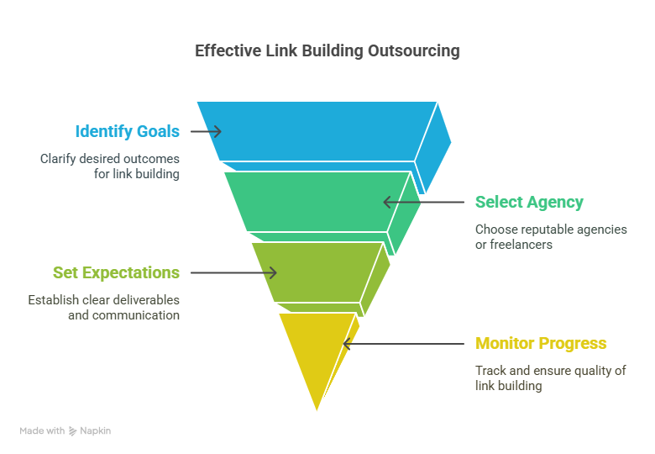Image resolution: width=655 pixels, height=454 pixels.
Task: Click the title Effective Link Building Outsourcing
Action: (x=327, y=51)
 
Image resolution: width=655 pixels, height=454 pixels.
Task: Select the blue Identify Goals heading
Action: (x=128, y=131)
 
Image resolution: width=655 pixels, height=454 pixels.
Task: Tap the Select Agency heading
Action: (x=529, y=203)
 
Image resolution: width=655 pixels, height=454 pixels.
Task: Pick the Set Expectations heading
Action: (x=116, y=273)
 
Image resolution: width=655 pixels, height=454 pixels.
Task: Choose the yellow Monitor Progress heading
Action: (x=541, y=343)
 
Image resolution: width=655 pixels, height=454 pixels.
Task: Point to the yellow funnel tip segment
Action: (x=317, y=351)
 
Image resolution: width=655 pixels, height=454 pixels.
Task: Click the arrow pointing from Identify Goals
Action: (x=206, y=132)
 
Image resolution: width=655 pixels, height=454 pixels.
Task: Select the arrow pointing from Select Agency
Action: (x=423, y=203)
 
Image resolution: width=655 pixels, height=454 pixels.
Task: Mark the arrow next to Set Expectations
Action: (x=233, y=273)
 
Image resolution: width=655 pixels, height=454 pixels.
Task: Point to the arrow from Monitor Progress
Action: (x=404, y=344)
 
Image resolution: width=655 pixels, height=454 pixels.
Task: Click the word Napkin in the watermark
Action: (x=95, y=431)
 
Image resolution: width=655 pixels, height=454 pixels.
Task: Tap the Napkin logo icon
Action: (x=73, y=431)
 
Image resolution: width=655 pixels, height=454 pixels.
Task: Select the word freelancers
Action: (x=521, y=245)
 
